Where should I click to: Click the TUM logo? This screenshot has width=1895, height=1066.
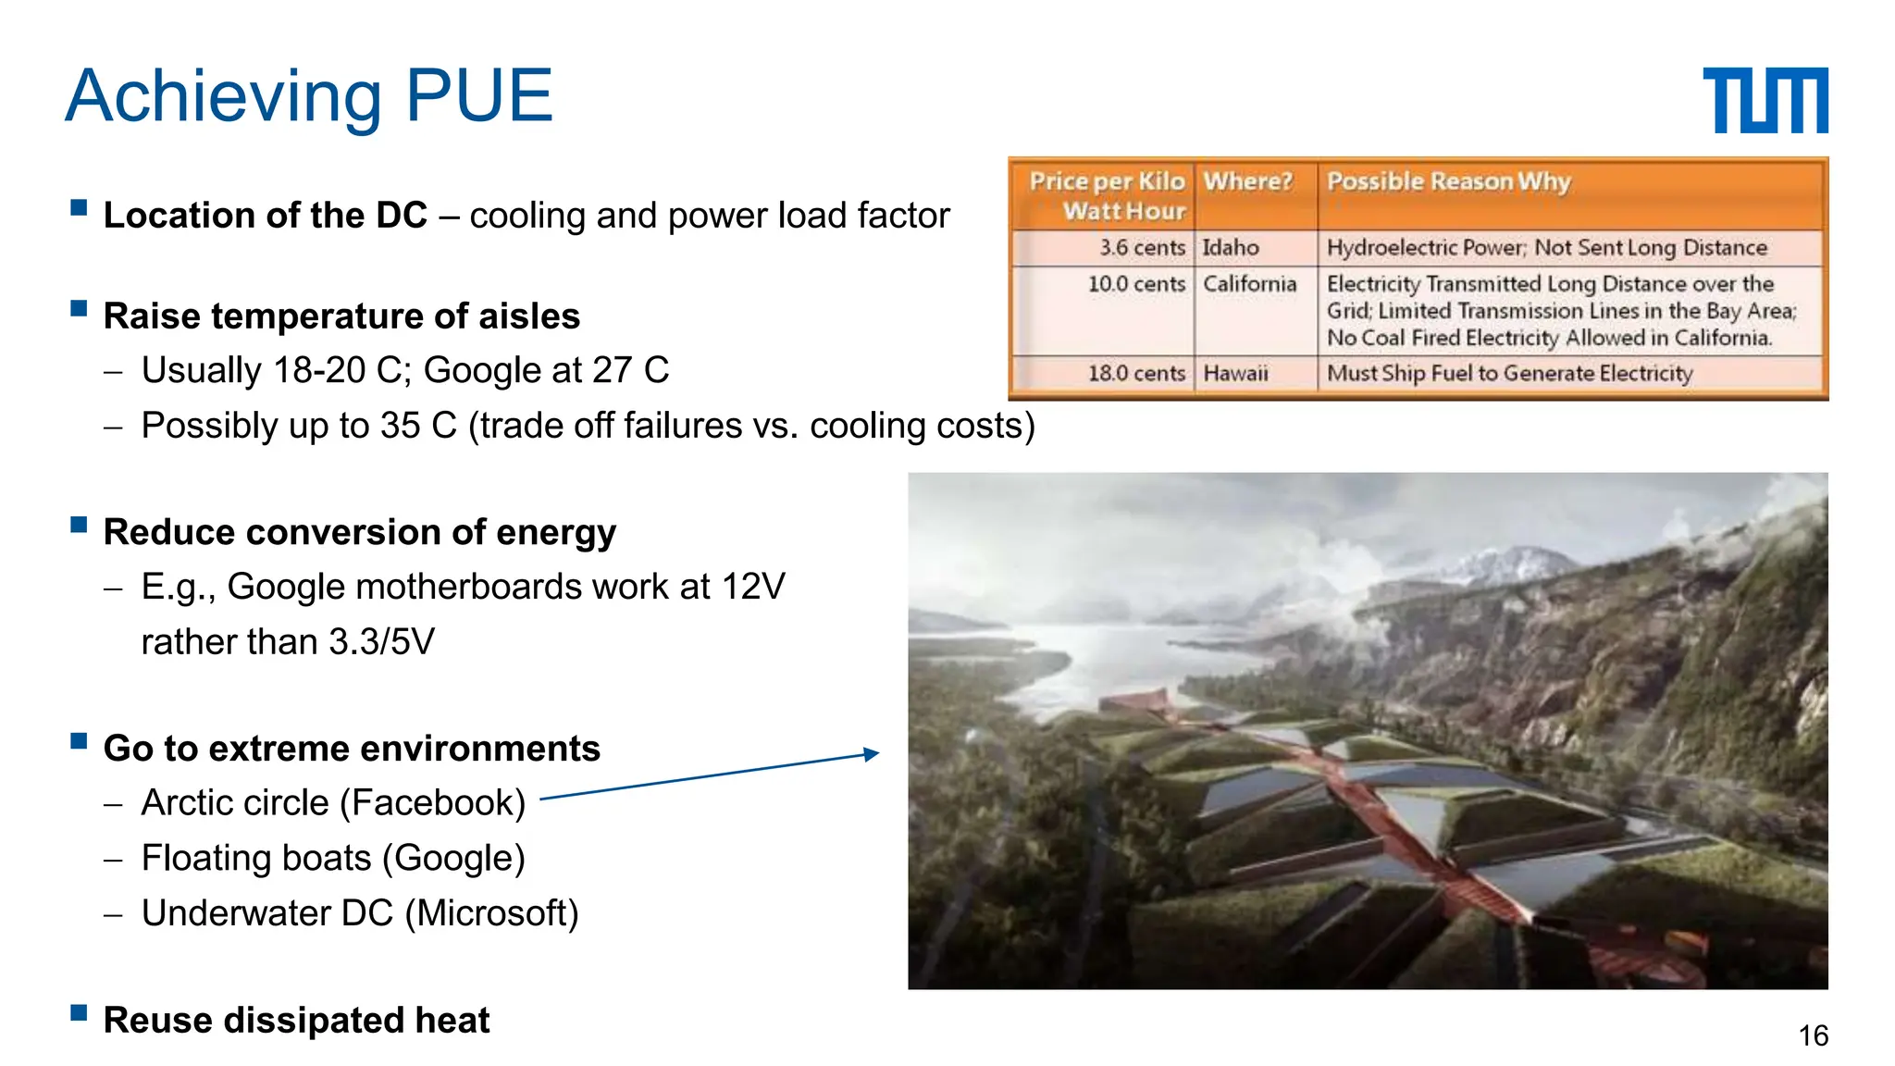click(1765, 100)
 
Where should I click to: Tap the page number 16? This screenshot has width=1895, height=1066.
click(1813, 1035)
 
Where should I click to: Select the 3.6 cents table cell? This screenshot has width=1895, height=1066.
click(1141, 248)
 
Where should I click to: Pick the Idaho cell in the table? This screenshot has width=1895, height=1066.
click(1231, 248)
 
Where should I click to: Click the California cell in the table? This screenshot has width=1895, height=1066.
click(1249, 284)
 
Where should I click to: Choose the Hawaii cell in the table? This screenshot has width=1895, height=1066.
click(1235, 374)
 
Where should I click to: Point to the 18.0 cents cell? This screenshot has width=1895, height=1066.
click(1135, 374)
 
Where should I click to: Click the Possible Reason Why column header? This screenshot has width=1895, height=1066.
click(1448, 181)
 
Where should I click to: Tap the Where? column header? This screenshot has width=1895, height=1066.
click(1246, 181)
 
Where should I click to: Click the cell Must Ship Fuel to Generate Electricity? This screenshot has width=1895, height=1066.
click(1509, 374)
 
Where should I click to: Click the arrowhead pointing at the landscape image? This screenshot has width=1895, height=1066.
click(871, 754)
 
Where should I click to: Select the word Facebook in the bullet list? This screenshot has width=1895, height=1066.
click(432, 803)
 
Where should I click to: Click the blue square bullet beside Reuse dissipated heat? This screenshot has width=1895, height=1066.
click(79, 1012)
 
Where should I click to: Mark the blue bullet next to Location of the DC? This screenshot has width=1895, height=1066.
click(79, 207)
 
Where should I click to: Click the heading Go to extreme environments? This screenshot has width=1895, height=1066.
click(352, 749)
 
